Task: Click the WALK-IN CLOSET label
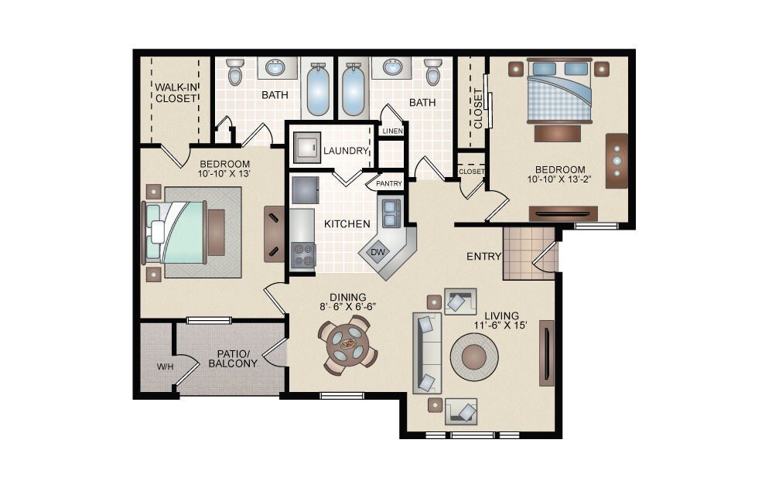176,92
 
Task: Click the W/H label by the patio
165,366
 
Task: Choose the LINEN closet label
392,131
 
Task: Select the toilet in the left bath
236,72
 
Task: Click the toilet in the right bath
433,73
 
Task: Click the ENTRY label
484,257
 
